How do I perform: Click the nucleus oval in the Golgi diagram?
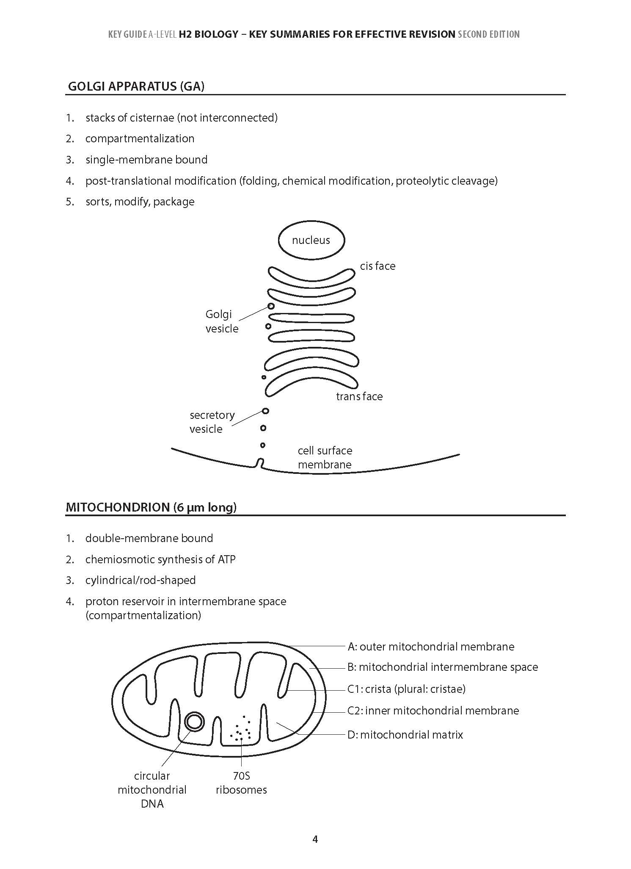[x=311, y=240]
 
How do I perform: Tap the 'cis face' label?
[x=377, y=266]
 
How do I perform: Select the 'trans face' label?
[x=359, y=396]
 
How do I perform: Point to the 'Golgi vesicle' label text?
[x=221, y=321]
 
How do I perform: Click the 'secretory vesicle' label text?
[x=212, y=422]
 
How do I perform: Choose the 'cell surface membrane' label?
[x=325, y=457]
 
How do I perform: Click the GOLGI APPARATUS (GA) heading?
[x=136, y=86]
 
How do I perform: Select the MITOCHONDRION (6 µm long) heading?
[x=151, y=507]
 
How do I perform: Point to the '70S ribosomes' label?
[x=241, y=783]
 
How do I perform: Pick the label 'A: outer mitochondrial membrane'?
[x=431, y=647]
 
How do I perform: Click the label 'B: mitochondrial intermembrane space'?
[x=443, y=667]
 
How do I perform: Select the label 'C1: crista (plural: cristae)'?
[x=406, y=689]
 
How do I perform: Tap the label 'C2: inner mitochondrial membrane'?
[x=433, y=711]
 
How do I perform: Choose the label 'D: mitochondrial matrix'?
[x=405, y=734]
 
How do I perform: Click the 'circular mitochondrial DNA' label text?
[x=152, y=790]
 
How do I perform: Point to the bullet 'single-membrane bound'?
[x=146, y=160]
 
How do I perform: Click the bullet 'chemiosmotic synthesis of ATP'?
[x=160, y=559]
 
